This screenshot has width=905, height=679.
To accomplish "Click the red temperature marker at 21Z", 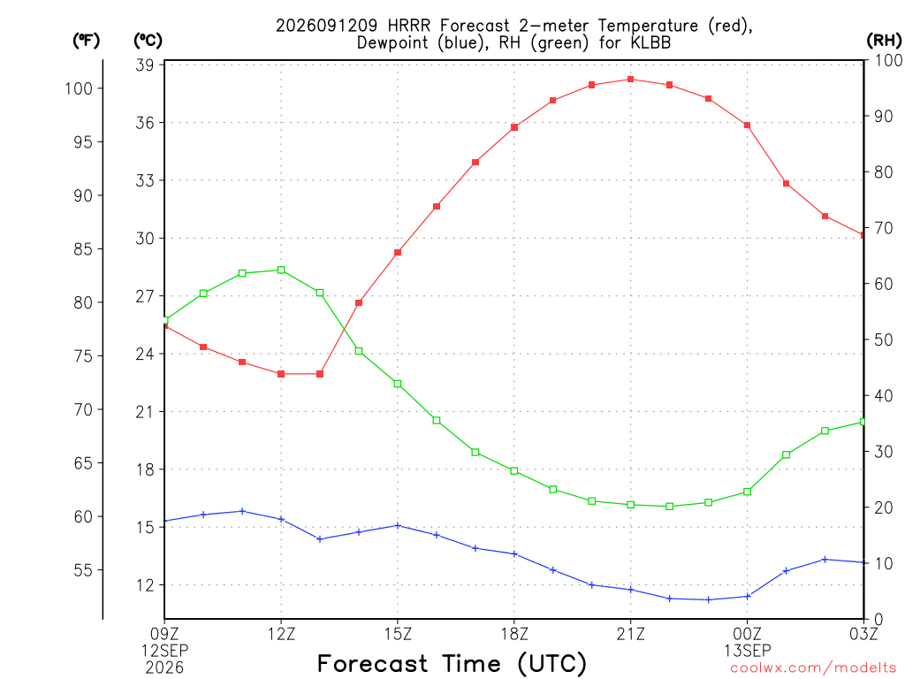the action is click(631, 79).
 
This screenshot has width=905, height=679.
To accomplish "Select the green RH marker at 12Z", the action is click(281, 271).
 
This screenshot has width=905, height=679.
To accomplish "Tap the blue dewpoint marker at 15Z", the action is click(398, 525).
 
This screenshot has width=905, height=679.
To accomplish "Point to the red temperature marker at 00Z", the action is click(747, 126).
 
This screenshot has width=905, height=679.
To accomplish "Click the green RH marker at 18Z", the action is click(514, 471).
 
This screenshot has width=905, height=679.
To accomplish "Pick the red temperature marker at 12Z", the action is click(281, 374).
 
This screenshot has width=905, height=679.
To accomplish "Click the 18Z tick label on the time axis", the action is click(514, 635).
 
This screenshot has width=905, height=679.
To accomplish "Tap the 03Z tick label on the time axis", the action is click(863, 635).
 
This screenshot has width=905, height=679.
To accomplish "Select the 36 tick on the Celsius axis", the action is click(146, 122).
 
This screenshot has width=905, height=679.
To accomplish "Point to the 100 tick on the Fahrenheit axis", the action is click(79, 88).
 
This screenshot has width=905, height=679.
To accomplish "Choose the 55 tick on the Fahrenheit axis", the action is click(83, 570).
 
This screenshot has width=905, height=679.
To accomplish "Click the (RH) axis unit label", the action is click(884, 41).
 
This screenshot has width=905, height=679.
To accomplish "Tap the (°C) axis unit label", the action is click(148, 41).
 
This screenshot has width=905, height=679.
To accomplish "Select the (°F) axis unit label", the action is click(86, 41).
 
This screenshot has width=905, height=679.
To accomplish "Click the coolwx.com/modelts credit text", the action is click(813, 668).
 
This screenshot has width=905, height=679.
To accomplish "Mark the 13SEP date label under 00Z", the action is click(748, 651).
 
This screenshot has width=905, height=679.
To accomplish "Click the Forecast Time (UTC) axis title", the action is click(452, 663).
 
